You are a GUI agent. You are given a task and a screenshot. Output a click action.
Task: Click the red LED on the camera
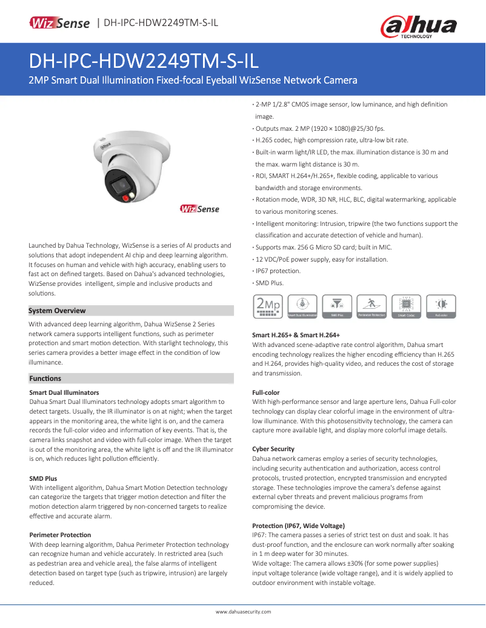tap(126, 197)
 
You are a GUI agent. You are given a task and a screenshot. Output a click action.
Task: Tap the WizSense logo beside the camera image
tap(199, 209)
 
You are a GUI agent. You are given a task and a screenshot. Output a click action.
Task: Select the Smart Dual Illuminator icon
tap(302, 306)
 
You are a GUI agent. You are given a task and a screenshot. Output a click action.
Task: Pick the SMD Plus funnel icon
tap(337, 306)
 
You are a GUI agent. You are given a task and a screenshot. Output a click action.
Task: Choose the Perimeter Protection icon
tap(371, 306)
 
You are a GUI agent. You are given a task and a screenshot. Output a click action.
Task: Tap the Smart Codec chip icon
tap(405, 306)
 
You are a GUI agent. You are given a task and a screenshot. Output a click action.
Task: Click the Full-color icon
tap(440, 306)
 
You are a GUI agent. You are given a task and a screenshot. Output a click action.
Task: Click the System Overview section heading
tap(57, 311)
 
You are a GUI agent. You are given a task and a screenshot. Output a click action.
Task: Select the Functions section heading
tap(45, 378)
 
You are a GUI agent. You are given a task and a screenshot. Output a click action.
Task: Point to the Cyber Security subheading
tap(273, 449)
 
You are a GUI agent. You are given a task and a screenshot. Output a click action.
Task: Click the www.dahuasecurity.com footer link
tap(244, 612)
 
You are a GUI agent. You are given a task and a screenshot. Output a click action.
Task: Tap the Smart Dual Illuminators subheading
tap(64, 392)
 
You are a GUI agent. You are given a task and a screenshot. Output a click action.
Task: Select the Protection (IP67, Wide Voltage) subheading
tap(298, 525)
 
